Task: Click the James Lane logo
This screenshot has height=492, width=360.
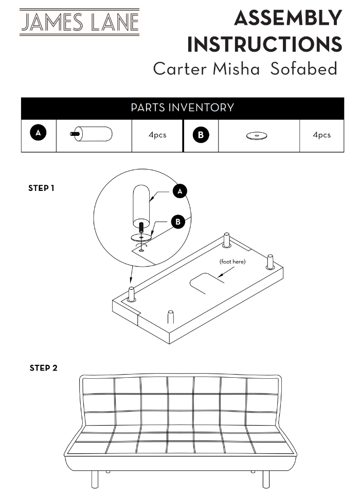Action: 79,22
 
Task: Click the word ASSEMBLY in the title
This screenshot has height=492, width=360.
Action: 288,18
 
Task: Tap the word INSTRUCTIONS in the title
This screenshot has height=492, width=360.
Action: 265,44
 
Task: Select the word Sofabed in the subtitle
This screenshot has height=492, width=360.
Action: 303,69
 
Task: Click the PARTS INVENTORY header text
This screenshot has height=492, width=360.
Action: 182,108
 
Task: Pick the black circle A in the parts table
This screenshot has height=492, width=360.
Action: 38,132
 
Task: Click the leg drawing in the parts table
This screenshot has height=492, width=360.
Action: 91,134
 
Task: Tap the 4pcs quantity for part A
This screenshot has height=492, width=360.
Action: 157,135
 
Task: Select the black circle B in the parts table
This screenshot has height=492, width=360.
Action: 201,135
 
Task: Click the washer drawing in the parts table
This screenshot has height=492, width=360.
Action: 257,136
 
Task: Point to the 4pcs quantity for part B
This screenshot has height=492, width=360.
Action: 322,135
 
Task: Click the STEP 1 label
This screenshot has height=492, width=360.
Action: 41,188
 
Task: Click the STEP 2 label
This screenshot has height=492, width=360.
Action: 44,368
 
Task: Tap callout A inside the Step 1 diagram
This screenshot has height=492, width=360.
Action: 179,191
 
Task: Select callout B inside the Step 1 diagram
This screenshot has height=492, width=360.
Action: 178,222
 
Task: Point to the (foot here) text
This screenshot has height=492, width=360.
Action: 232,261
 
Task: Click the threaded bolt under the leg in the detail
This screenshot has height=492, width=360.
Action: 141,227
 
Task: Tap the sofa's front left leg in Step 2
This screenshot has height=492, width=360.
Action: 95,479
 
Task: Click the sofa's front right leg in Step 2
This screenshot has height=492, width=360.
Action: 266,479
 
